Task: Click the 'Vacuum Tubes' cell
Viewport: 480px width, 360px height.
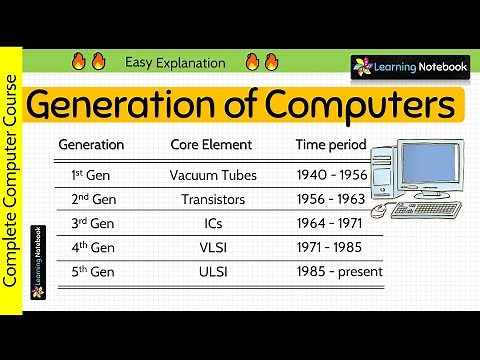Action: click(213, 175)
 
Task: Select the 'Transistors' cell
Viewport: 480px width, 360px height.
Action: click(213, 199)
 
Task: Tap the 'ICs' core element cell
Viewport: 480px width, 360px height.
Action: click(213, 223)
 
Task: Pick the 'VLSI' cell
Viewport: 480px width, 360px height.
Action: click(213, 247)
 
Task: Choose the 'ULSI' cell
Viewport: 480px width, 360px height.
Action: click(213, 271)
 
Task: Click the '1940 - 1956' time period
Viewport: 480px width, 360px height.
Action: click(332, 175)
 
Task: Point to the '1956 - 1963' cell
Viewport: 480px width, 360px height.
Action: click(332, 199)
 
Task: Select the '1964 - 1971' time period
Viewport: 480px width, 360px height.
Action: click(332, 223)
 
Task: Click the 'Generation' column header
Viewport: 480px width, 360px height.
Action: click(91, 145)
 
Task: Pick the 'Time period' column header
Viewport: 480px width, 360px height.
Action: click(332, 145)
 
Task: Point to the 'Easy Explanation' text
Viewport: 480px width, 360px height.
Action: click(175, 63)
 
